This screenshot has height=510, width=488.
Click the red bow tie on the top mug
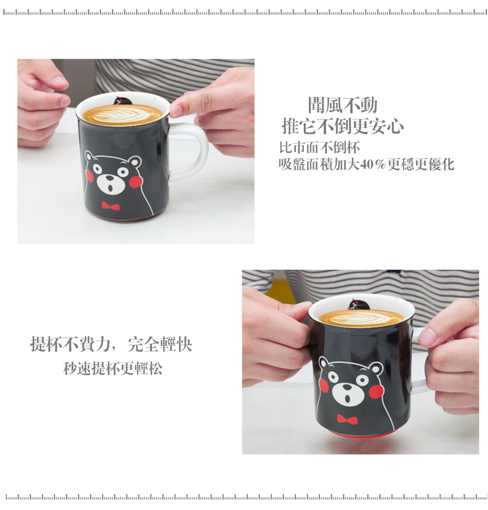(111, 206)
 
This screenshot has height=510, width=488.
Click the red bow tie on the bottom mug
(347, 419)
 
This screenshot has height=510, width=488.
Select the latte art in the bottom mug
(361, 318)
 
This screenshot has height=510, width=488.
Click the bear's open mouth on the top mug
(110, 188)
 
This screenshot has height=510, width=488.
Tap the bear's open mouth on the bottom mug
(347, 398)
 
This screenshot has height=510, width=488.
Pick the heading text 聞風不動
(342, 105)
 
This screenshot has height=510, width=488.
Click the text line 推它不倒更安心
(342, 126)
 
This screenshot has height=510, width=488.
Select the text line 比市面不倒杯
(319, 147)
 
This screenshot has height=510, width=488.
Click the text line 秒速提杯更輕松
(113, 368)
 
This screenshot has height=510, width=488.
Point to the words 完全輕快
(160, 344)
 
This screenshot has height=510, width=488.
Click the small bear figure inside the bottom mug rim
(358, 305)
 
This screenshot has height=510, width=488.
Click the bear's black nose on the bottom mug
(347, 387)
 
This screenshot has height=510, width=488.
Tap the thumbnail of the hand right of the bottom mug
(427, 336)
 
